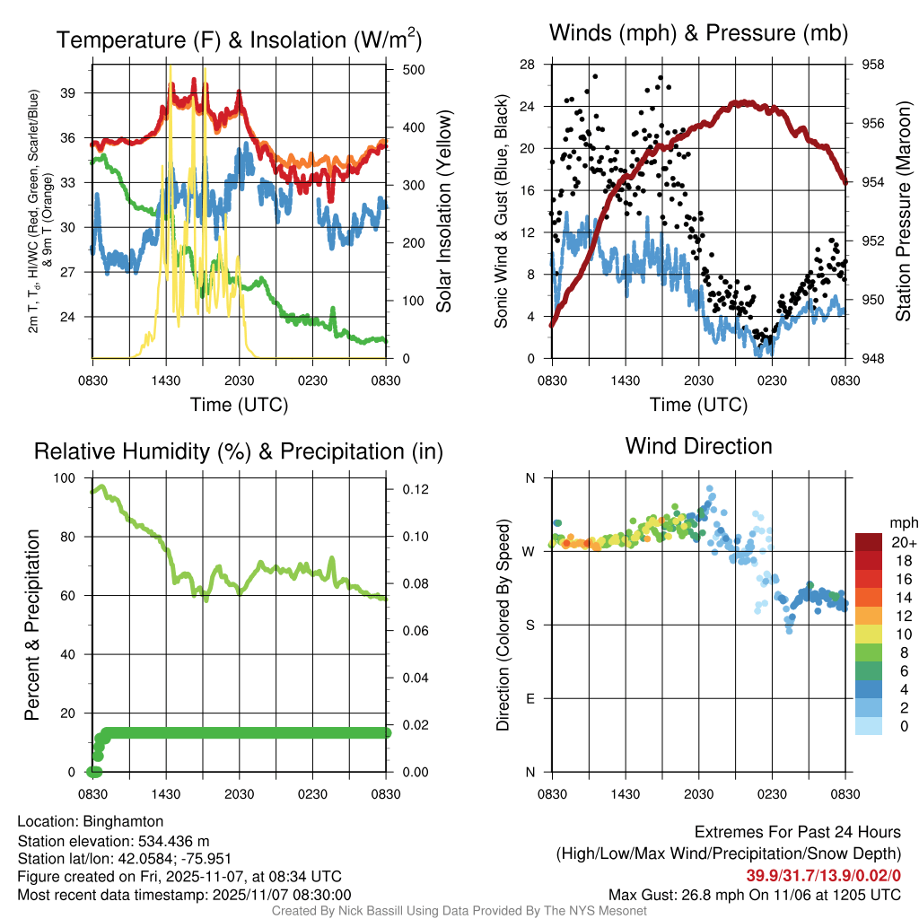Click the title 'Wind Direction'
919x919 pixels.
click(x=698, y=446)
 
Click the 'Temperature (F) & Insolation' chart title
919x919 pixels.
click(x=239, y=39)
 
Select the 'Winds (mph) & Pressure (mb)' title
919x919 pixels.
click(x=698, y=34)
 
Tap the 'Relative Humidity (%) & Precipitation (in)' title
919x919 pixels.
click(x=239, y=451)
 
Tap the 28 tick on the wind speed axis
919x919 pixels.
click(x=528, y=65)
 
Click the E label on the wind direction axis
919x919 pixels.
click(x=530, y=698)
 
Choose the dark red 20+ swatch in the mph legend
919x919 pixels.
click(x=869, y=541)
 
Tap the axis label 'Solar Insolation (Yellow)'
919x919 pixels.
click(x=443, y=211)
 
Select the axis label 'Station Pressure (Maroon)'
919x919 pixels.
click(x=904, y=211)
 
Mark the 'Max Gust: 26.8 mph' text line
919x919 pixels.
click(x=754, y=894)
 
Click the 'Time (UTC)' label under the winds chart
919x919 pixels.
click(x=698, y=405)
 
